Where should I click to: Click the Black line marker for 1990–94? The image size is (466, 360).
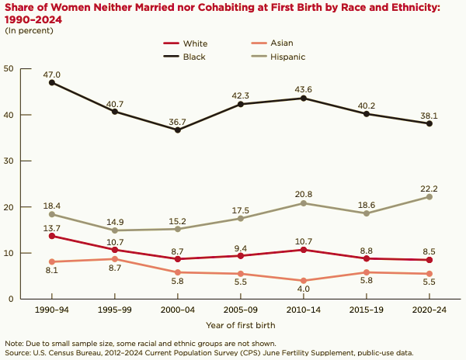coord(52,82)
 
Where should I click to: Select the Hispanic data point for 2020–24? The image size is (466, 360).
coord(429,197)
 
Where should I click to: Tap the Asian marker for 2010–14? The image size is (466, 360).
coord(303,281)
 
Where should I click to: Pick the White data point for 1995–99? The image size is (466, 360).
coord(115,250)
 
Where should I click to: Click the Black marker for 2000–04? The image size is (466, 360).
coord(178,130)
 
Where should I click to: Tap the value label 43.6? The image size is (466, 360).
coord(303,88)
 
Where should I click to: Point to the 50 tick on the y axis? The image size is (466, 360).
coord(9,68)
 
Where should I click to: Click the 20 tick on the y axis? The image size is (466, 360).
coord(9,206)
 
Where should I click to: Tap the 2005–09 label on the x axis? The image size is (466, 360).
coord(241,309)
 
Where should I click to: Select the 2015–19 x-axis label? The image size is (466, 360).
coord(366,309)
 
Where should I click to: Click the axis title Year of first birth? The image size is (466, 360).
coord(241,324)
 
